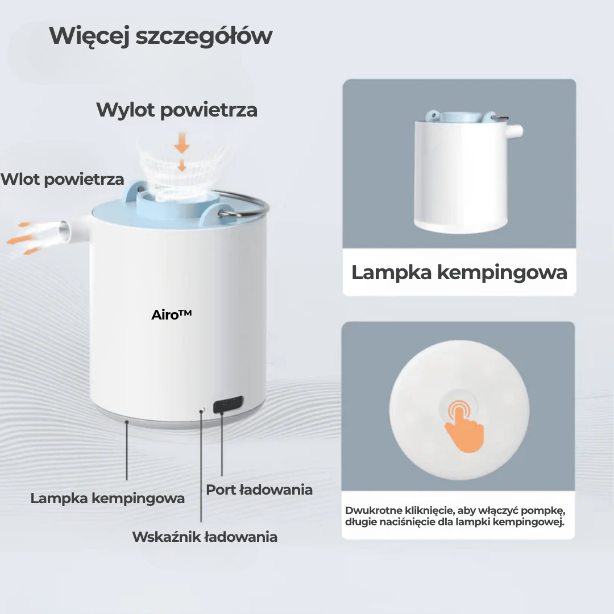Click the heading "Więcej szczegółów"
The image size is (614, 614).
pos(161,36)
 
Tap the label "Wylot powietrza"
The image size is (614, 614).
pos(177,109)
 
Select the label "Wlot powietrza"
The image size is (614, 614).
pos(62,179)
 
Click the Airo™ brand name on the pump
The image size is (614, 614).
pos(171,314)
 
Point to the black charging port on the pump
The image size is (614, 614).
pos(228,405)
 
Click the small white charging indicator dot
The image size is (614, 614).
pos(201,409)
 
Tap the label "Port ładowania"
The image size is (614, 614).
pos(259,489)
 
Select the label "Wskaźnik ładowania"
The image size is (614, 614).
pos(205,537)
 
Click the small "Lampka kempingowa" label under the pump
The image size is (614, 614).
pos(107,499)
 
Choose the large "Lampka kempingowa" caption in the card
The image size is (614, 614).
pos(459,272)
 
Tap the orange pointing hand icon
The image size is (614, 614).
pos(462,425)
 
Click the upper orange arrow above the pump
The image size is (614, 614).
pos(182,144)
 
